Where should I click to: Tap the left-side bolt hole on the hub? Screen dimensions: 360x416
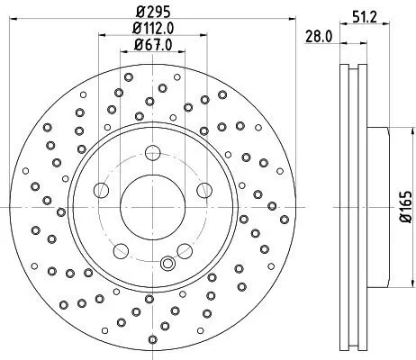(x=103, y=189)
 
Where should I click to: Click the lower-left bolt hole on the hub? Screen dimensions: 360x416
(x=121, y=245)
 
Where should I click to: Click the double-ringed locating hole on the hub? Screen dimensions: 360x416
(x=166, y=264)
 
